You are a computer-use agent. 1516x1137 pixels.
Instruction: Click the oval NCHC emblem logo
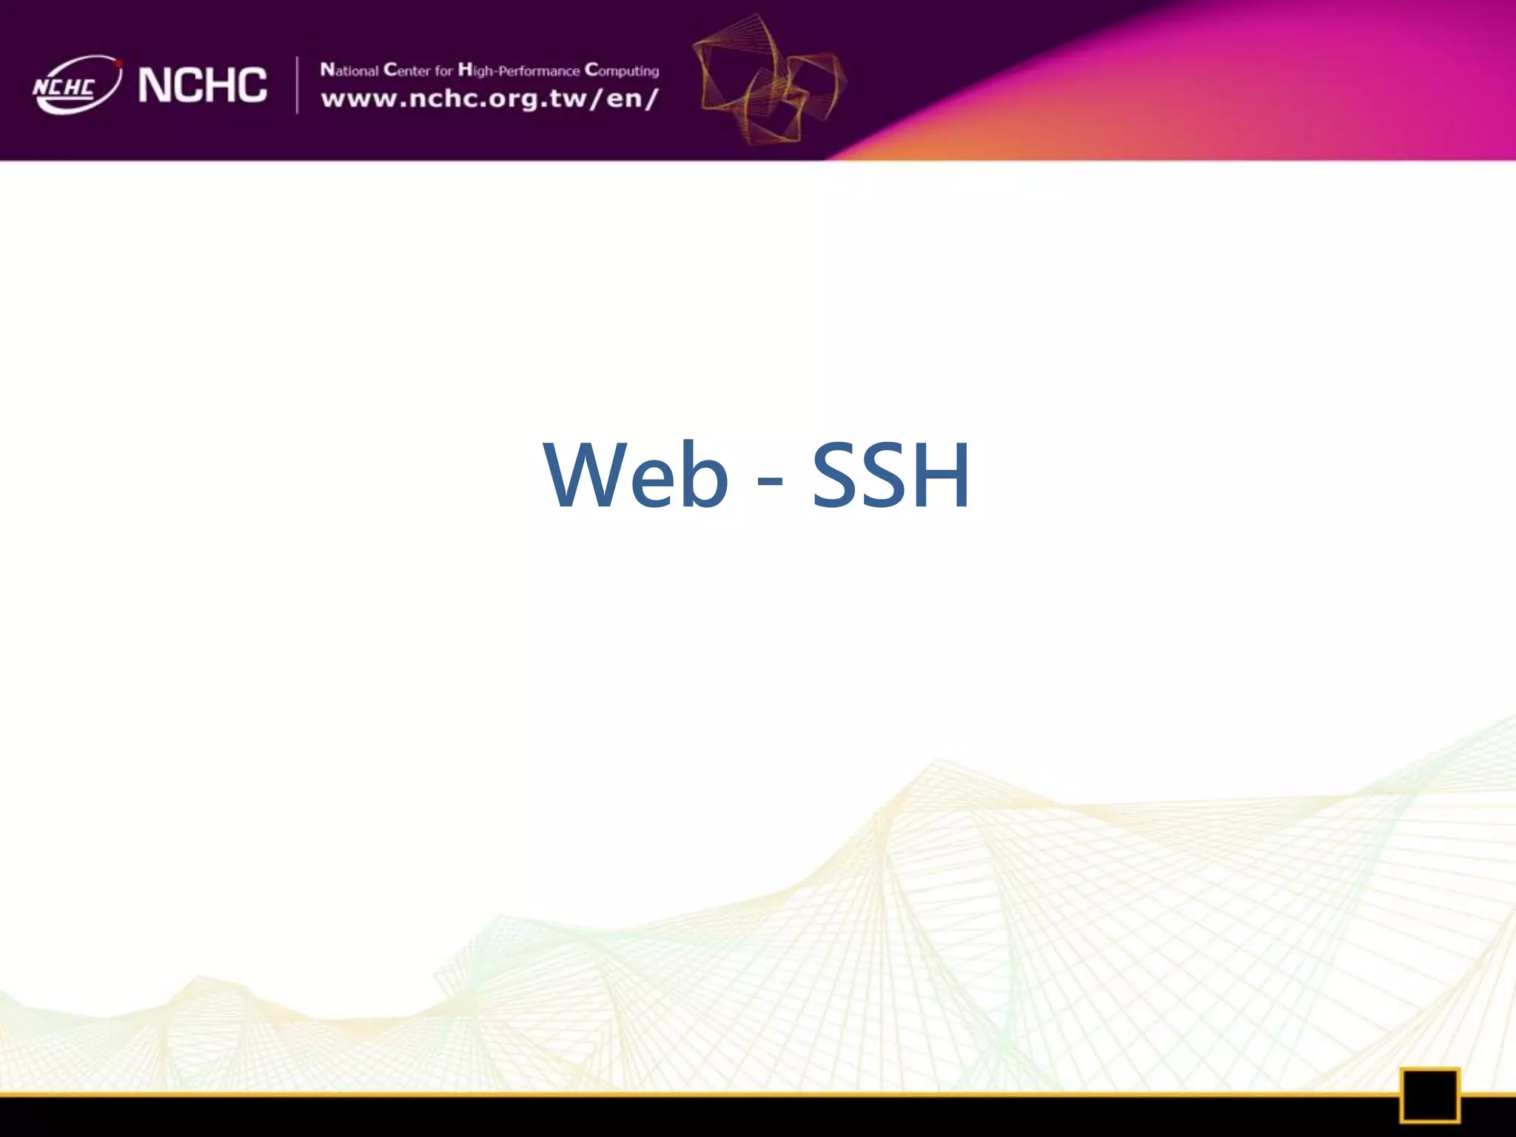click(76, 85)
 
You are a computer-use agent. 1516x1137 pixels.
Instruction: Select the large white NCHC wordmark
click(202, 84)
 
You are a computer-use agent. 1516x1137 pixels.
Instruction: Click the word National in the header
click(349, 70)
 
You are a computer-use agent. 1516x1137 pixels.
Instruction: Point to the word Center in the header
click(406, 70)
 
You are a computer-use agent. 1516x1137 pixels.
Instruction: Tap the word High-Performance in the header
click(518, 71)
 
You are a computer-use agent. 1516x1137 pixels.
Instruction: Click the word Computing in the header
click(622, 71)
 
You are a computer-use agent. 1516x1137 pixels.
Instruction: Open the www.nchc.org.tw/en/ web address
click(489, 98)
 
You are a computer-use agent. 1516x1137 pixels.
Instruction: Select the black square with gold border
click(1429, 1095)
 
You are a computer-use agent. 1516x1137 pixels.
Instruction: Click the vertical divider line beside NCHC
click(297, 85)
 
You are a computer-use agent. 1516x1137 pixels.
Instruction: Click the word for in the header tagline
click(443, 71)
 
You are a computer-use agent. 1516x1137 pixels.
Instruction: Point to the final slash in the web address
click(652, 98)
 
